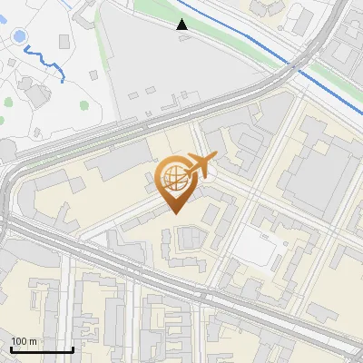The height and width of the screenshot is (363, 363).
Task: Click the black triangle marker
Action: click(182, 25)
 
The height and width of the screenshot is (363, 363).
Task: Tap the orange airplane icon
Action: click(201, 166)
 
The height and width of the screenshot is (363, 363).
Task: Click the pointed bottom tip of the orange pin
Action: click(175, 212)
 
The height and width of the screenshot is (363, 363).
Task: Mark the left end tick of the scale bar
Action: click(11, 349)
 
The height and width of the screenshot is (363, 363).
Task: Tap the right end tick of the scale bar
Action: click(73, 349)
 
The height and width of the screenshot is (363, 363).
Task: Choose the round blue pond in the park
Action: click(18, 38)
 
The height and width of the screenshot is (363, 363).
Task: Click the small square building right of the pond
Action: click(63, 42)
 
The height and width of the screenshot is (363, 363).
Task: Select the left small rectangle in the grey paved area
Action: click(133, 94)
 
